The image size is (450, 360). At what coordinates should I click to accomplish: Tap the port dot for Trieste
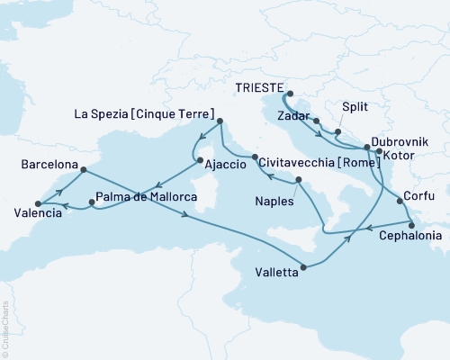click(x=290, y=92)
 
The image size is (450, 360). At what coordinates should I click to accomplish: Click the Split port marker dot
click(x=337, y=132)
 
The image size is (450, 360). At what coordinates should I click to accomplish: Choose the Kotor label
click(x=400, y=156)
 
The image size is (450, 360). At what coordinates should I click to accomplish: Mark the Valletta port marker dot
click(x=305, y=266)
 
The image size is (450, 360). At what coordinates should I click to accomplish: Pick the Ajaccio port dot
click(x=198, y=160)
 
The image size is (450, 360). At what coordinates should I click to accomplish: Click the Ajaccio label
click(x=225, y=166)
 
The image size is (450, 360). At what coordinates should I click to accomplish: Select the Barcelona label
click(x=47, y=166)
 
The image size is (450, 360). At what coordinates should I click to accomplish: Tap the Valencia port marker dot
click(x=37, y=204)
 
